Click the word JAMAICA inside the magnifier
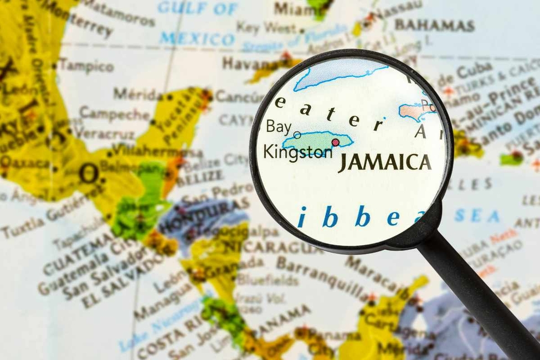pos(384,162)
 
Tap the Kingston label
pos(297,151)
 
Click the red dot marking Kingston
pos(335,142)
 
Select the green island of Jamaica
pos(316,141)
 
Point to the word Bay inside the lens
pos(278,127)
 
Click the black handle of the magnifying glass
pos(476,294)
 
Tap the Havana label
pos(244,63)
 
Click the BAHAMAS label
pos(434,25)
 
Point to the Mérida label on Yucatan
pos(138,94)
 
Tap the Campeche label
pos(114,114)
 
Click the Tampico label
pos(86,65)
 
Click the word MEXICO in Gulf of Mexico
pos(197,39)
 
